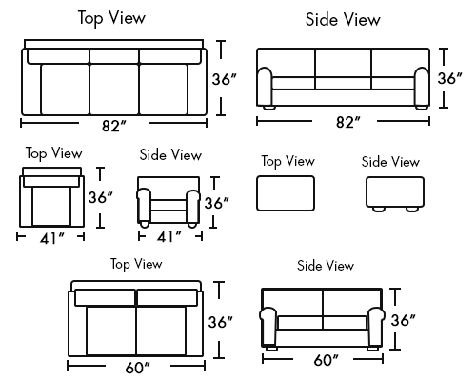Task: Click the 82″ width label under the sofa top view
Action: click(x=114, y=126)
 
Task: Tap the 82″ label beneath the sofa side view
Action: click(x=348, y=122)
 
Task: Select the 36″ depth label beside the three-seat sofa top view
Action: click(x=225, y=79)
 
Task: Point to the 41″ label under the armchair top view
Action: click(x=52, y=238)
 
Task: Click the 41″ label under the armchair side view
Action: click(x=169, y=236)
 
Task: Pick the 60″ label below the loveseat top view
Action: click(x=137, y=368)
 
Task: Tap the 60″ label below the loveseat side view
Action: click(x=327, y=360)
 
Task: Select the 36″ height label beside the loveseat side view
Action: click(x=403, y=320)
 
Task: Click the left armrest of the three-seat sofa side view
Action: click(x=265, y=87)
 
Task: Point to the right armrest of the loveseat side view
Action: click(x=376, y=327)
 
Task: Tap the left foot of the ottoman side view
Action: click(x=379, y=209)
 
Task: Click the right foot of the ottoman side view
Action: click(x=412, y=209)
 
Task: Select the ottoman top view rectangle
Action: click(x=286, y=193)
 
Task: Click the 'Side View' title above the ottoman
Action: click(x=390, y=162)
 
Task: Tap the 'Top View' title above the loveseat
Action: click(x=136, y=264)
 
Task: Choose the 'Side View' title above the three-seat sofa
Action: click(x=343, y=19)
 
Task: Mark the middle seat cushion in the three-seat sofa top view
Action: click(x=114, y=89)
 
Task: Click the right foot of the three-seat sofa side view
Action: click(x=422, y=108)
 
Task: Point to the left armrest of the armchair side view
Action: click(x=144, y=206)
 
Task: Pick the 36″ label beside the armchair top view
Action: click(x=101, y=197)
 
